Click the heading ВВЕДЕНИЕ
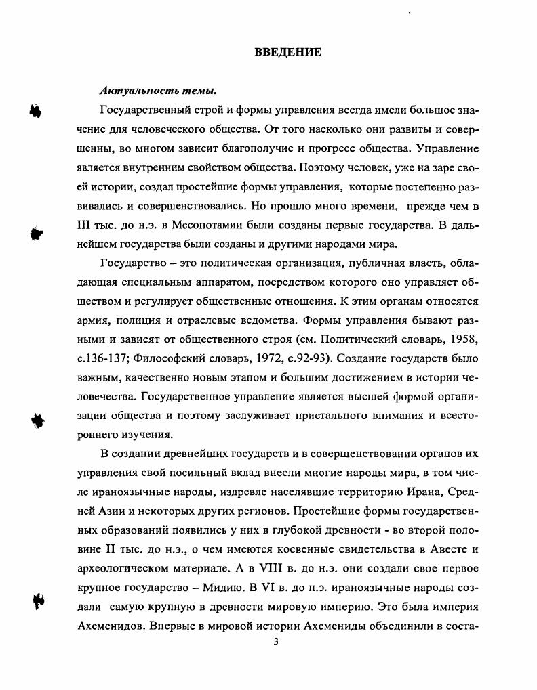click(287, 52)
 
